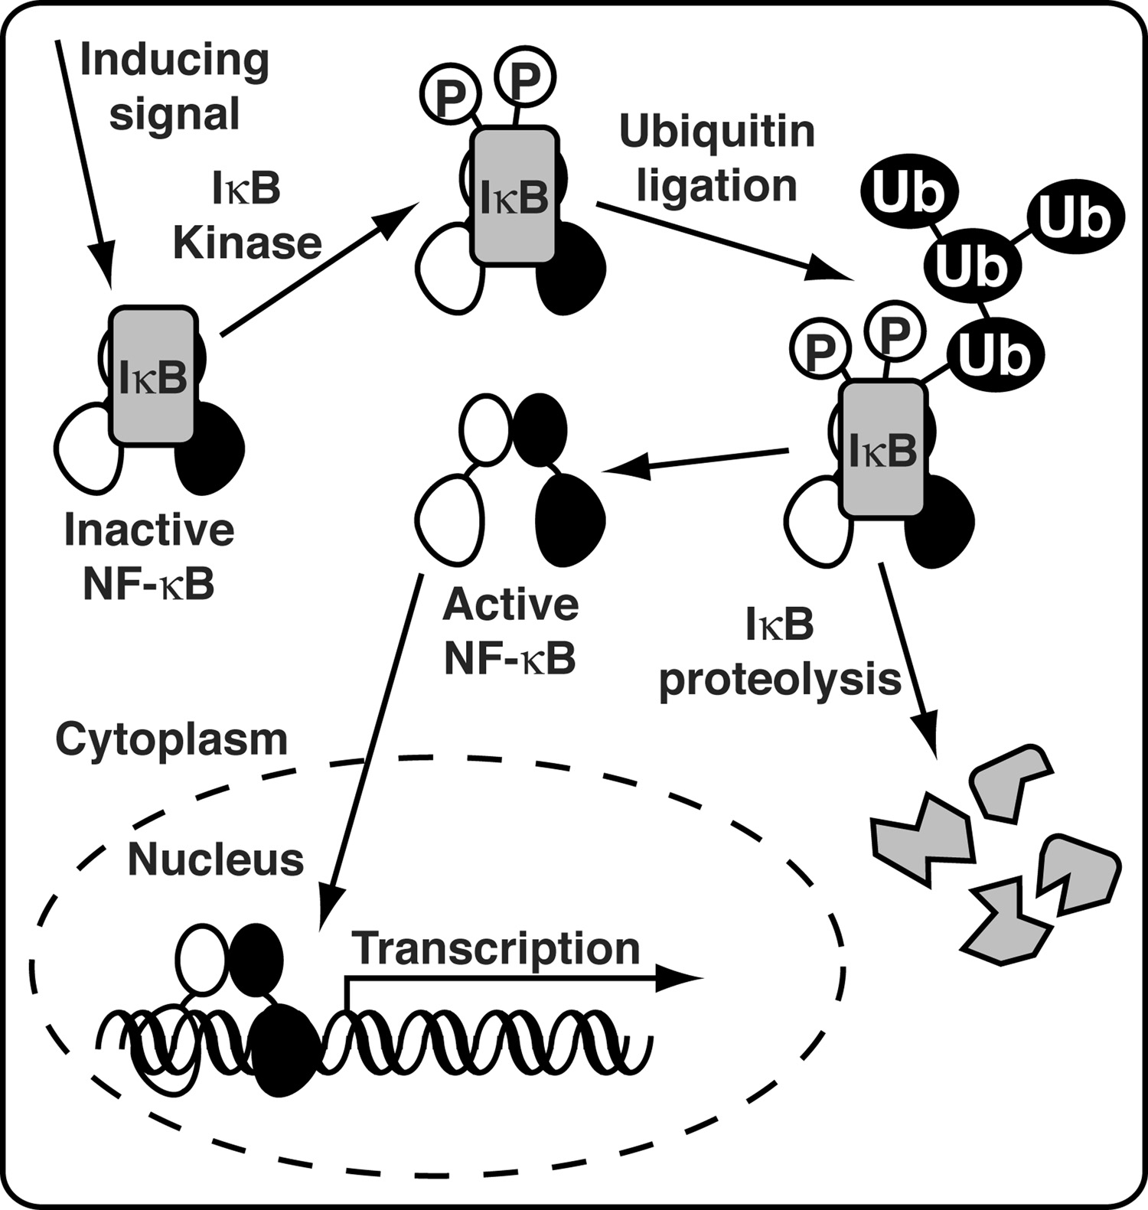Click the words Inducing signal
174,86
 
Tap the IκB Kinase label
247,216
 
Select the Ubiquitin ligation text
717,158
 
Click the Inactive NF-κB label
149,556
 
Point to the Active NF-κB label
510,631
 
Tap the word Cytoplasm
171,739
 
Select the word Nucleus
215,859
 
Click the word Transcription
496,948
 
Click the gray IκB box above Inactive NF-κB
153,375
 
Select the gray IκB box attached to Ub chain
883,448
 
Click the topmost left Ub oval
909,193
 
